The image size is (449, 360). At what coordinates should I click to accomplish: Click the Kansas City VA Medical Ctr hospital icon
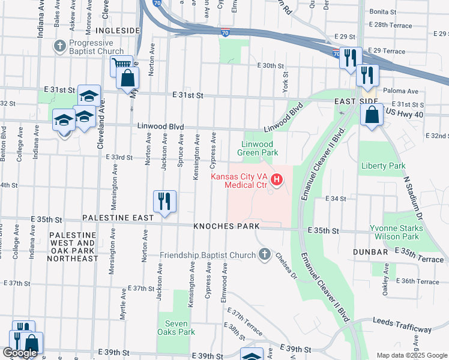(277, 179)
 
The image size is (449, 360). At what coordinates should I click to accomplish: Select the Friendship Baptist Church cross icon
(264, 255)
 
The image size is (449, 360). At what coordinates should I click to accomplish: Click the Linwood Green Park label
(257, 148)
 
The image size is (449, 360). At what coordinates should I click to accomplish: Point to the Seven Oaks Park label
(176, 327)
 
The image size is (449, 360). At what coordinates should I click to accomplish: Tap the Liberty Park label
(383, 166)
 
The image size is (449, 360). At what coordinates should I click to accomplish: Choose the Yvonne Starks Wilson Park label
(396, 233)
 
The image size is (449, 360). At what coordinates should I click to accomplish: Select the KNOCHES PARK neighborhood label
(226, 226)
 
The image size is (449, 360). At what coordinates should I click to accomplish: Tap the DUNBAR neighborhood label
(371, 253)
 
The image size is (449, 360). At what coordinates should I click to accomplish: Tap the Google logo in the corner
(20, 353)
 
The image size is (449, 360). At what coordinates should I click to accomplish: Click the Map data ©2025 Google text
(411, 355)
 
